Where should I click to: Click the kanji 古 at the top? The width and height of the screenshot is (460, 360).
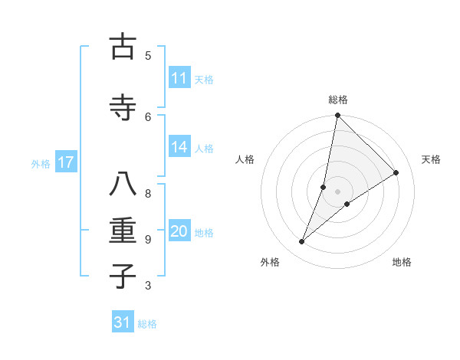[123, 47]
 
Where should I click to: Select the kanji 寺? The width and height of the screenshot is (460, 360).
[123, 109]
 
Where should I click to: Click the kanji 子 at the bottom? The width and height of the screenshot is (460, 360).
[123, 277]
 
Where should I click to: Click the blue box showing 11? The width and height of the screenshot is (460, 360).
[179, 78]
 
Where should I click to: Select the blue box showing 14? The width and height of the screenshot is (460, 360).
[179, 147]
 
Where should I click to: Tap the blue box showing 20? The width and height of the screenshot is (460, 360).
[179, 231]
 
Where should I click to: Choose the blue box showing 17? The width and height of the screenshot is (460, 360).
[66, 162]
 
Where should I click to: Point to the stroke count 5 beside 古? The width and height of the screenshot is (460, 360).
[148, 55]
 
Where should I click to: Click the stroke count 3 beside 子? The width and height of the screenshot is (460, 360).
[148, 286]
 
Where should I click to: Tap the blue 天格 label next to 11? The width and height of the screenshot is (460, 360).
[204, 79]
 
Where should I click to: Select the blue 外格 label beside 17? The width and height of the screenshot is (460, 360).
[41, 163]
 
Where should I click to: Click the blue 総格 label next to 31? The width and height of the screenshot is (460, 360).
[147, 324]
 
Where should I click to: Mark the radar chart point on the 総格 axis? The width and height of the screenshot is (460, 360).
[337, 115]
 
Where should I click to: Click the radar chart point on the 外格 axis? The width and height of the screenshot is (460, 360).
[301, 242]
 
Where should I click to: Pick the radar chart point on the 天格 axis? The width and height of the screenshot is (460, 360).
[396, 172]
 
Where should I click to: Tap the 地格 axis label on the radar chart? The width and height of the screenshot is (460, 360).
[402, 262]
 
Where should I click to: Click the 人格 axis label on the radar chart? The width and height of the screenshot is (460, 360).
[245, 159]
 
